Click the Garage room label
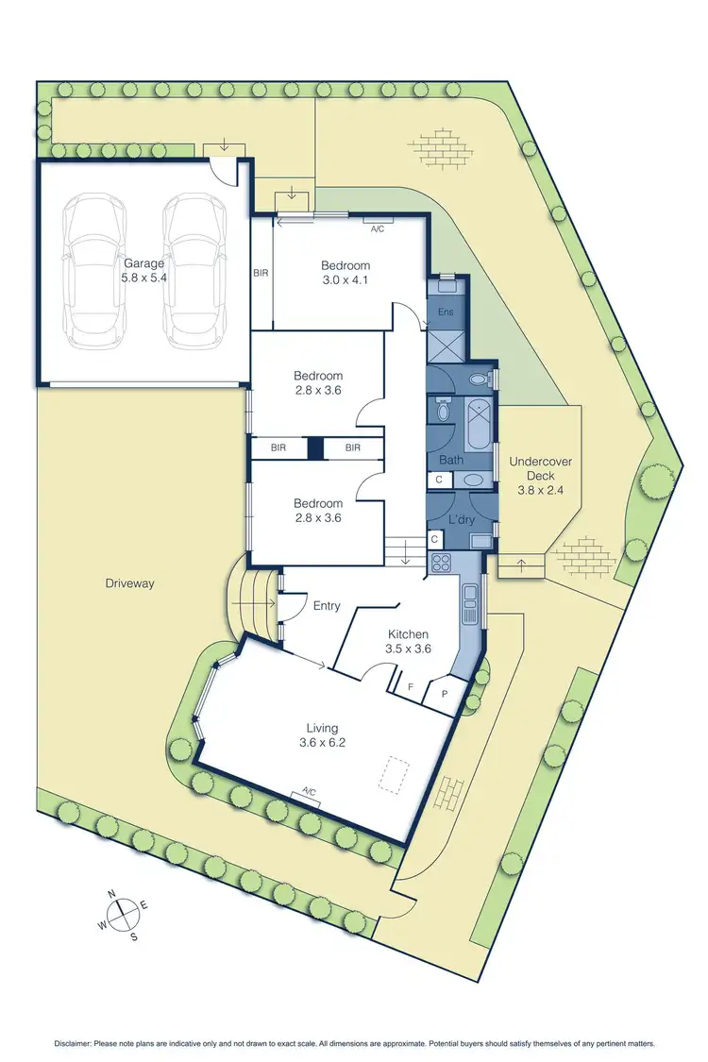[144, 264]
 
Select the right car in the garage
[195, 269]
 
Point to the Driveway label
[129, 583]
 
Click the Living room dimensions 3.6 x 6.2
[322, 743]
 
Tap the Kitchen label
[408, 634]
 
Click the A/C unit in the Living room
[306, 795]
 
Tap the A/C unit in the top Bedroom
[378, 228]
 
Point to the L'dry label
[460, 521]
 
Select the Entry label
[326, 606]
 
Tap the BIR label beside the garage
[261, 274]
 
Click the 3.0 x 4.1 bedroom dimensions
[345, 281]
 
